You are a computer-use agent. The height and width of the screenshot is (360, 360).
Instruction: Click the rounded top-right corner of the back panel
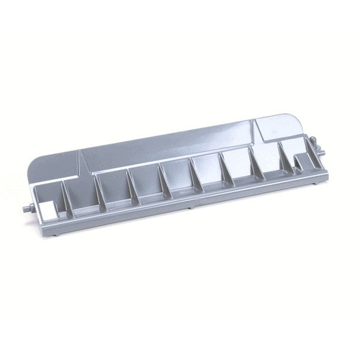[x=306, y=116]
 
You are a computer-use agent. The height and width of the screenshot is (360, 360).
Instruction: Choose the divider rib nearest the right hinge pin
[x=288, y=160]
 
